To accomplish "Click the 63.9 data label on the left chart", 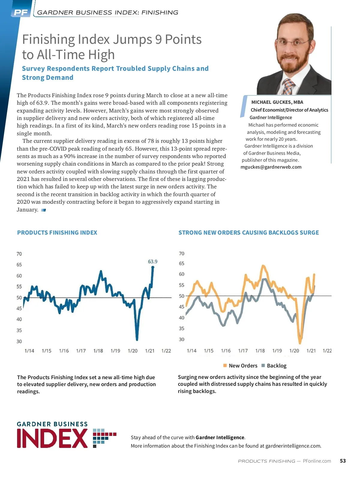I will point(152,262).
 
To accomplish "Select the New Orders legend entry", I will point(243,366).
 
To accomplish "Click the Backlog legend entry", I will point(276,366).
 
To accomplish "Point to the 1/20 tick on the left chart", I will point(133,351).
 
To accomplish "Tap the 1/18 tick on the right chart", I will point(260,351).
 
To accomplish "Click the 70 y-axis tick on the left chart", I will point(19,254).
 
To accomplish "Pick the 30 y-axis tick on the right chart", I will point(181,339).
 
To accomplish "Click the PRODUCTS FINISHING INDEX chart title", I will point(57,232).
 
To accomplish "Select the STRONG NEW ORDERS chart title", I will point(248,232).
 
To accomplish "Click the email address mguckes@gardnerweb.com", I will point(271,167).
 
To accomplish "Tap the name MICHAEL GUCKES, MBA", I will point(277,102).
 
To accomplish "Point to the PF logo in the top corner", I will point(21,13).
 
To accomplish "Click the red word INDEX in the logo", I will point(52,438).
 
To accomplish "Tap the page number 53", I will point(343,461).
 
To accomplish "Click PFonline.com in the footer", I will point(317,461).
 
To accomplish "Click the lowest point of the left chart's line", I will point(137,340).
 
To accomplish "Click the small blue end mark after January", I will point(43,210).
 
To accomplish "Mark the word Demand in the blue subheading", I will point(60,78).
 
